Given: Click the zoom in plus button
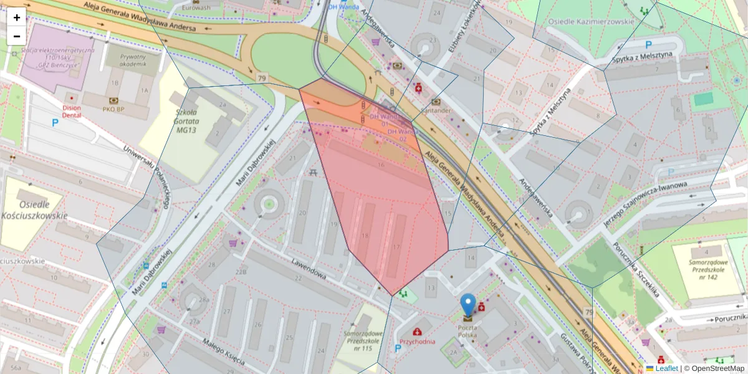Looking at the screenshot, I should (x=17, y=17).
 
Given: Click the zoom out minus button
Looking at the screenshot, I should (x=17, y=36).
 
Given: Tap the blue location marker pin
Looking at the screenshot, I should (x=468, y=305).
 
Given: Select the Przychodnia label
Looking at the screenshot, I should (x=417, y=342).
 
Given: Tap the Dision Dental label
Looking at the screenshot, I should (x=72, y=110).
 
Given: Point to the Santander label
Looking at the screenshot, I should (x=436, y=110).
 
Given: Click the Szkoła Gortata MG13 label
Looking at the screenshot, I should (x=178, y=120).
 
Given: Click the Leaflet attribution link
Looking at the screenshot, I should (x=666, y=368).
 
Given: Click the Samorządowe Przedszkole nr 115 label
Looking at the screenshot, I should (x=358, y=340).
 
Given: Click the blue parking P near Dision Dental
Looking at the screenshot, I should (x=55, y=123).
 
